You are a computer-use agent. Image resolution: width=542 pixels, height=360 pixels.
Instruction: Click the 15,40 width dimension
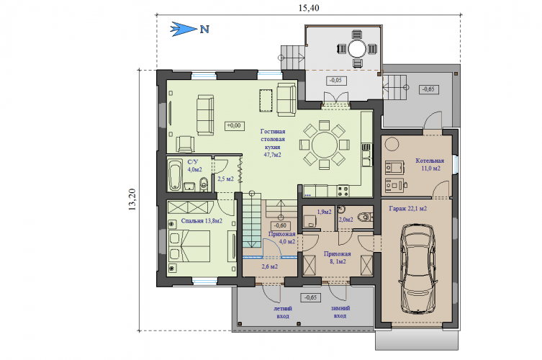pyautogui.click(x=309, y=8)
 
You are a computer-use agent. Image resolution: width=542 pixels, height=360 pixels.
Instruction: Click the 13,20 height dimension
pyautogui.click(x=132, y=199)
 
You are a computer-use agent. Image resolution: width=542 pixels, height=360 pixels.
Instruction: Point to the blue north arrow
pyautogui.click(x=184, y=29)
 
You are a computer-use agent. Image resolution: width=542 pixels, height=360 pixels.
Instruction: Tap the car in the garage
pyautogui.click(x=417, y=269)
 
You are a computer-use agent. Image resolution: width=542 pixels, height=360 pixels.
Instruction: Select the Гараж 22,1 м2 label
pyautogui.click(x=408, y=209)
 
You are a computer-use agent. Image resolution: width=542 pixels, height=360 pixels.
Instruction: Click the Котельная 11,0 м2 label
pyautogui.click(x=430, y=165)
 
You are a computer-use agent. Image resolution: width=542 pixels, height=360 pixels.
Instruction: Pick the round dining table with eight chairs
pyautogui.click(x=324, y=145)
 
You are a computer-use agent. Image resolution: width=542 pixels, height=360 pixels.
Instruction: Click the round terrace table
pyautogui.click(x=357, y=49)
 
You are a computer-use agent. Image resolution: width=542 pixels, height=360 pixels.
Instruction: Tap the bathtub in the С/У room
pyautogui.click(x=175, y=175)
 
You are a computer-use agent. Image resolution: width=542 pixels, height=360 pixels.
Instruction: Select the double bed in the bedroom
pyautogui.click(x=189, y=246)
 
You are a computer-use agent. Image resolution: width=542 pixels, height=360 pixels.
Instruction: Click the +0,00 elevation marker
pyautogui.click(x=234, y=125)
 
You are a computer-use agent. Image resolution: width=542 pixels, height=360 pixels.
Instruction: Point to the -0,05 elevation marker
pyautogui.click(x=335, y=80)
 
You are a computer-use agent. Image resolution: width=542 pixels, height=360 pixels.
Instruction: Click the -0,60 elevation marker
pyautogui.click(x=280, y=225)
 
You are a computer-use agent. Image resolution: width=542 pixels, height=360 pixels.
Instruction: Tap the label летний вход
pyautogui.click(x=283, y=312)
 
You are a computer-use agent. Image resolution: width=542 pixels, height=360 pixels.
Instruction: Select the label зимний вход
pyautogui.click(x=340, y=312)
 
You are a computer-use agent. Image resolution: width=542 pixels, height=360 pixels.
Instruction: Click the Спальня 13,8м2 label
pyautogui.click(x=202, y=221)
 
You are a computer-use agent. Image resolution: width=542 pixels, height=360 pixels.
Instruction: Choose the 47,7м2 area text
pyautogui.click(x=272, y=155)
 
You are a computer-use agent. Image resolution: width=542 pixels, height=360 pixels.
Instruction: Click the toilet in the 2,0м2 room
pyautogui.click(x=365, y=217)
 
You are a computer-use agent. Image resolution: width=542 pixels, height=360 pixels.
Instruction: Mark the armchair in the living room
pyautogui.click(x=185, y=144)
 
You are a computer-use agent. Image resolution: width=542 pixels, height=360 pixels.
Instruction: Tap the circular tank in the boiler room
pyautogui.click(x=392, y=144)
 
